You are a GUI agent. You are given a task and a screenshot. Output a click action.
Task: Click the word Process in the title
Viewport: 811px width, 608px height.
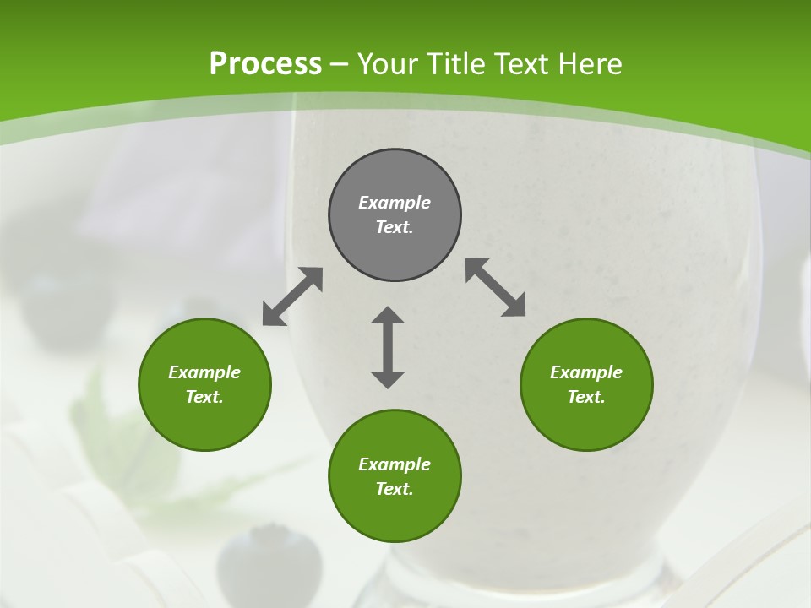265,64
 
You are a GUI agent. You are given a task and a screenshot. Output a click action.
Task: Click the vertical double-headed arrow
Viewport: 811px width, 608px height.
388,347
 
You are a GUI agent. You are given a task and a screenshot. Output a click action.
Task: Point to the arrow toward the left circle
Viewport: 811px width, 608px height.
292,296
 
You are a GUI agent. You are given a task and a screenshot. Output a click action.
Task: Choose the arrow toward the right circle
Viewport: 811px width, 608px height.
496,287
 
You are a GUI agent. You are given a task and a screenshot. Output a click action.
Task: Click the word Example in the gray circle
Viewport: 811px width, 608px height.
395,203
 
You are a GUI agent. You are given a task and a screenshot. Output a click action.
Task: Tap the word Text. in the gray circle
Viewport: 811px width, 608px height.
395,227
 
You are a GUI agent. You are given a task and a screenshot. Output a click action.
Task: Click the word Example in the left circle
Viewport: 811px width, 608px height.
204,372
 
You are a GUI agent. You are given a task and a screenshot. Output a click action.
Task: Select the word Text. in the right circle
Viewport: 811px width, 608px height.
586,397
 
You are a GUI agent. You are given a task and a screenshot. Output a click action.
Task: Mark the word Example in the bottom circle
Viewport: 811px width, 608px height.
395,464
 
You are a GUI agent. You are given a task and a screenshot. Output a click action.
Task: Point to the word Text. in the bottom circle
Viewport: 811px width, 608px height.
395,489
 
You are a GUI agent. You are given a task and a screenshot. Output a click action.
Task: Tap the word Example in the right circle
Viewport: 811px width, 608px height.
586,372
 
